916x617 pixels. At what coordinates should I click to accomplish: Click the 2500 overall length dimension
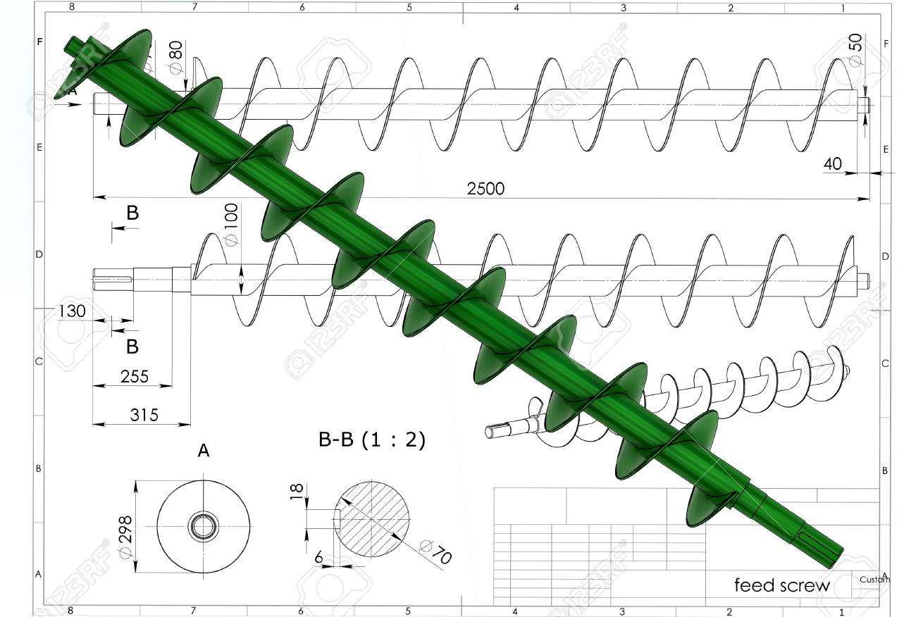click(485, 189)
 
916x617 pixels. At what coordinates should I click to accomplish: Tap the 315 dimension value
click(144, 415)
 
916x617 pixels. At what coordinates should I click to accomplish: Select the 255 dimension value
click(134, 376)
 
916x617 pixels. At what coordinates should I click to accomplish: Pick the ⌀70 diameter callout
click(435, 551)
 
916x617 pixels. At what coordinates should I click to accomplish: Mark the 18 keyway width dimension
click(296, 492)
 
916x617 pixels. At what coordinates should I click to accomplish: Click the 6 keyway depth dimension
click(319, 558)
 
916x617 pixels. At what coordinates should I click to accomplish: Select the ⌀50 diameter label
click(855, 50)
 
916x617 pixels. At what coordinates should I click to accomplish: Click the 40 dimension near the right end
click(832, 163)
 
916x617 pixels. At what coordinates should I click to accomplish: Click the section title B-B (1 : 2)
click(372, 440)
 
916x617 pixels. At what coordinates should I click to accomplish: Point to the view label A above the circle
click(204, 451)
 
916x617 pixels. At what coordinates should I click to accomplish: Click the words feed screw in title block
click(782, 585)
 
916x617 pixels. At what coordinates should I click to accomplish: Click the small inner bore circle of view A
click(204, 525)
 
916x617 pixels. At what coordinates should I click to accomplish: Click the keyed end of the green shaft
click(817, 541)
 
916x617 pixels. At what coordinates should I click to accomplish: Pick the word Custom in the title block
click(874, 580)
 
